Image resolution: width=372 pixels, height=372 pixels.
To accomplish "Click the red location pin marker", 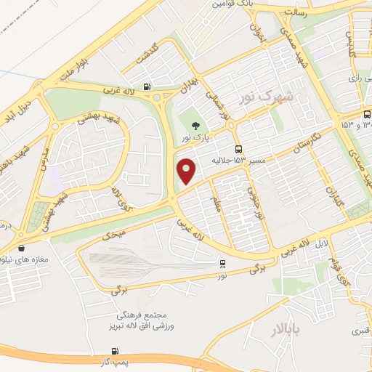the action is click(187, 171).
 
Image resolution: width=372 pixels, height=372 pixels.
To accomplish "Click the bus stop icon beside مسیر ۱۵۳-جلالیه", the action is click(240, 148).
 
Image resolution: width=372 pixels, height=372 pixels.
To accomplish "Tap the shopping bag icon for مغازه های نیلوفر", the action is click(21, 248).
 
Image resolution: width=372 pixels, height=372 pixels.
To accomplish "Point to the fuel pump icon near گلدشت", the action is click(148, 87).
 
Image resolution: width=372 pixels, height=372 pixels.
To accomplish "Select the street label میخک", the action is click(113, 233).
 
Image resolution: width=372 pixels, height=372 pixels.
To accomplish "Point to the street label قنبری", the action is click(362, 331).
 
